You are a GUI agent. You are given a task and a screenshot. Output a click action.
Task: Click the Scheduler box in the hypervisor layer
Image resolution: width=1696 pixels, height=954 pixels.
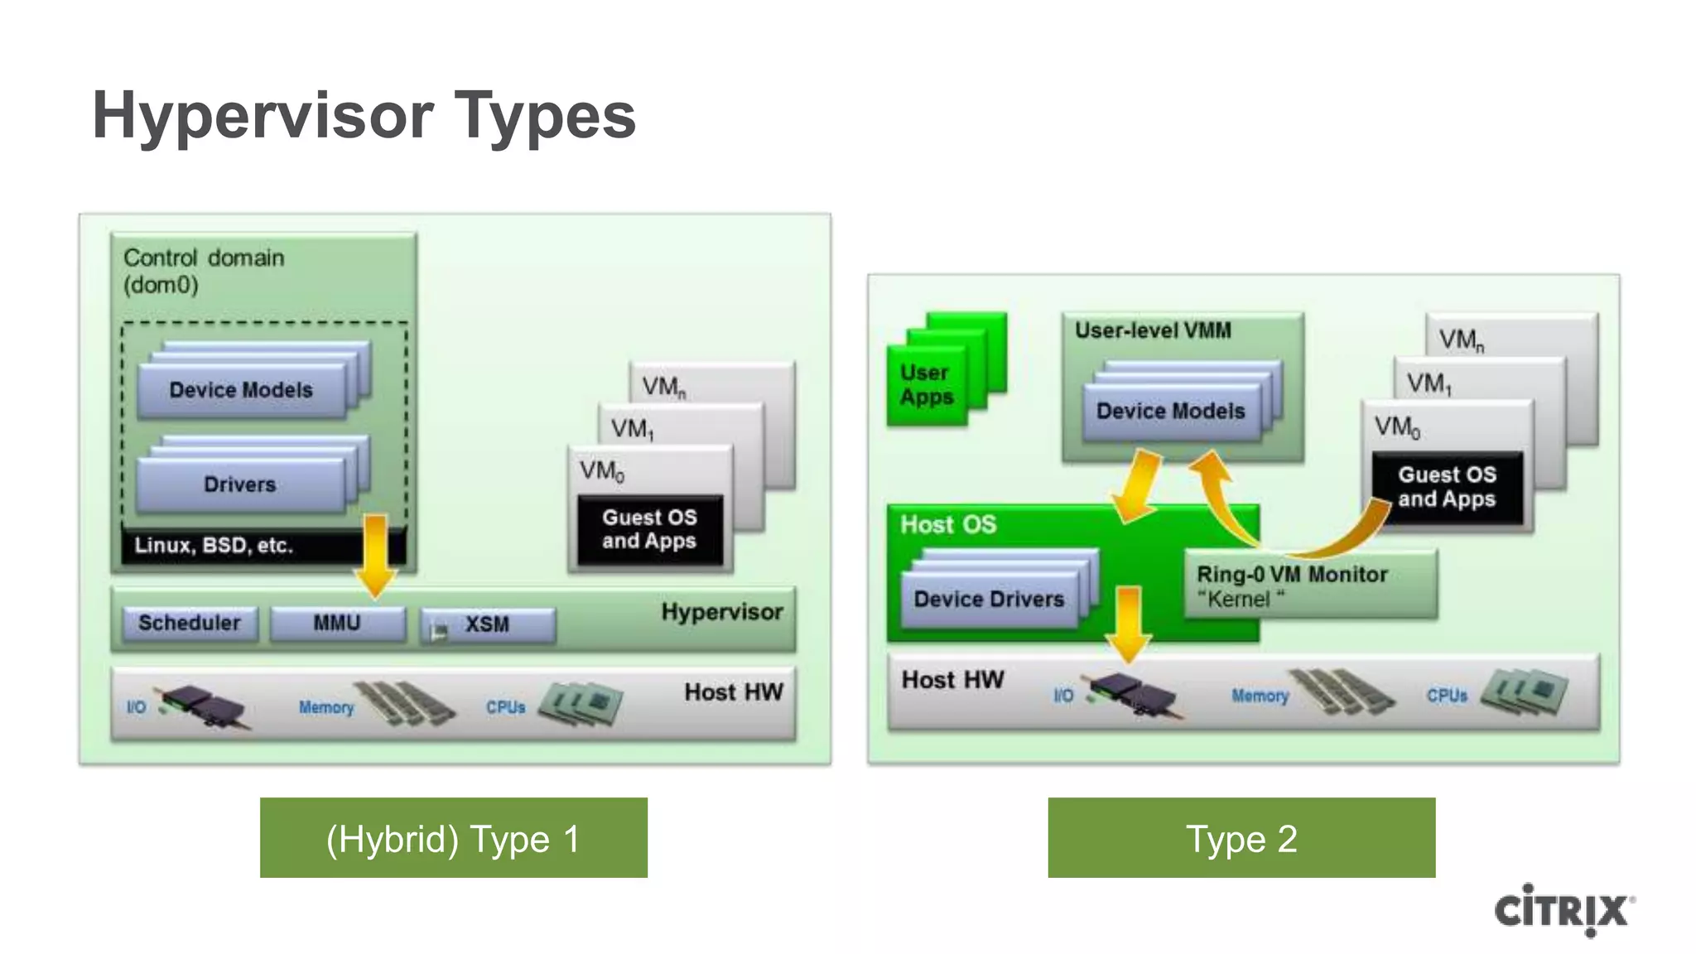(x=190, y=624)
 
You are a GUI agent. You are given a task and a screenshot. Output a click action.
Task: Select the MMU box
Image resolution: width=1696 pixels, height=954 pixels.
(x=337, y=624)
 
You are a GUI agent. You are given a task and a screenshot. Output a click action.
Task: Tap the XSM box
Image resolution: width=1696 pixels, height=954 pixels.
(x=488, y=625)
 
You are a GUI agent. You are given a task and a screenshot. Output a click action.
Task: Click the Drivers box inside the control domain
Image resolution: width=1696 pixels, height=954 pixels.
(x=240, y=484)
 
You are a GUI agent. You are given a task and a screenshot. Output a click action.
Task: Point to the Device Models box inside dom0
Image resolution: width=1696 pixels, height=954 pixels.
(x=241, y=390)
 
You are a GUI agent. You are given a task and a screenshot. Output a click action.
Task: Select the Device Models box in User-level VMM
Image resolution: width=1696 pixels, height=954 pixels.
(x=1171, y=412)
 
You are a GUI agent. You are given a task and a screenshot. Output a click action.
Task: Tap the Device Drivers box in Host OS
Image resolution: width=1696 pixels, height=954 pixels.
(x=989, y=600)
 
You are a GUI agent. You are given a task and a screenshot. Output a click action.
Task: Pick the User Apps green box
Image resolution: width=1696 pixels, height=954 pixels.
(x=927, y=386)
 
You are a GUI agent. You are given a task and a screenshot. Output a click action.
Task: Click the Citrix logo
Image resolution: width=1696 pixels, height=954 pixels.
(x=1563, y=910)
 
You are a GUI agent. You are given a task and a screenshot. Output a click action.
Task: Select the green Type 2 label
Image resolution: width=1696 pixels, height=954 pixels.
(x=1241, y=838)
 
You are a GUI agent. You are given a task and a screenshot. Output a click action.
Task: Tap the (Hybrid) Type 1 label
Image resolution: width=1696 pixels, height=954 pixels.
(x=453, y=838)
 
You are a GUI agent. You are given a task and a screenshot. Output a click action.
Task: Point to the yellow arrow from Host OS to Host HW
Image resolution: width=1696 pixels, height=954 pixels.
(x=1129, y=623)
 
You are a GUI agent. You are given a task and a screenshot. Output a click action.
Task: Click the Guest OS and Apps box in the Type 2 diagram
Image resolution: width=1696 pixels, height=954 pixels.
(x=1447, y=487)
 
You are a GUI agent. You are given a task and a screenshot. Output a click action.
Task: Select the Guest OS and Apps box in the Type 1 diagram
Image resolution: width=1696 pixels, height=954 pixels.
(x=649, y=529)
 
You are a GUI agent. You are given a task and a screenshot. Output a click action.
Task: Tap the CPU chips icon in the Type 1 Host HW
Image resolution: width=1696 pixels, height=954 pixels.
(x=582, y=704)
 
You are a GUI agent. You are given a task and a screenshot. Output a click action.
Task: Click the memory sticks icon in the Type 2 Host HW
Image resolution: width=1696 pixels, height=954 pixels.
(x=1342, y=693)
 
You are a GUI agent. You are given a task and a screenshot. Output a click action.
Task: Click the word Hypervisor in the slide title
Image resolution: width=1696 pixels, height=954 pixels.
(x=263, y=116)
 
